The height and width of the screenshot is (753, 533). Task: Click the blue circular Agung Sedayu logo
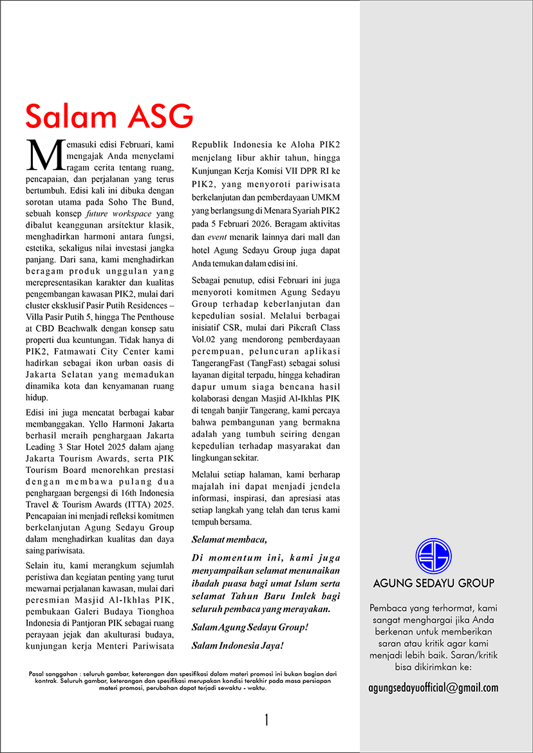coord(433,555)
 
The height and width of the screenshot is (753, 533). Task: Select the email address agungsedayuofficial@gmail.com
coord(433,687)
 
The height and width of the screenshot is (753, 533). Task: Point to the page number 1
coord(266,720)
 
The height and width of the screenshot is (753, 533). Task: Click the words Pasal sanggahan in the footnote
coord(51,673)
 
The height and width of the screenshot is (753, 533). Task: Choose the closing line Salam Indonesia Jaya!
coord(238,644)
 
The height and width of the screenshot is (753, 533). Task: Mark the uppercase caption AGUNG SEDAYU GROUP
coord(433,584)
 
